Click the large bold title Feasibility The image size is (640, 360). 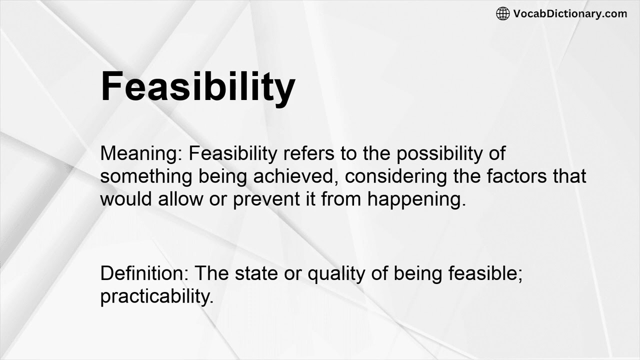click(x=198, y=86)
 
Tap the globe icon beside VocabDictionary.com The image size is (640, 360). click(x=502, y=13)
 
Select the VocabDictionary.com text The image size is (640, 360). click(x=570, y=13)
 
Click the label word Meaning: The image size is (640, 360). click(x=141, y=153)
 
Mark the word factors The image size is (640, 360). click(x=511, y=176)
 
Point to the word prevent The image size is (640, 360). click(x=265, y=199)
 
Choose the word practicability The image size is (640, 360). click(x=156, y=297)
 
